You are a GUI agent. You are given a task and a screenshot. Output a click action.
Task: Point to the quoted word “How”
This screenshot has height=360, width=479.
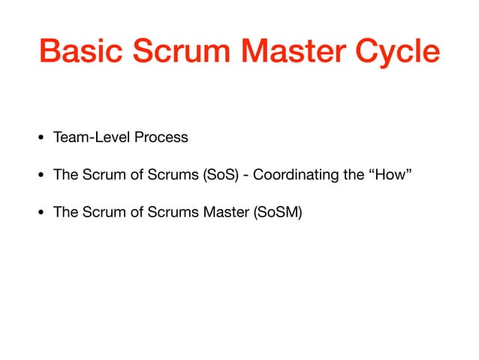[391, 175]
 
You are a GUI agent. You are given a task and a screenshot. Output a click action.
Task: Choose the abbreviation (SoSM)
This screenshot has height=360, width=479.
[277, 212]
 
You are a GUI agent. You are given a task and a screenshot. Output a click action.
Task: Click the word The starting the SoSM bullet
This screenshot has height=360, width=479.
[65, 212]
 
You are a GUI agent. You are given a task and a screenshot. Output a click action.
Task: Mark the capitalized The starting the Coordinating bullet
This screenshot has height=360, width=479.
[65, 175]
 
